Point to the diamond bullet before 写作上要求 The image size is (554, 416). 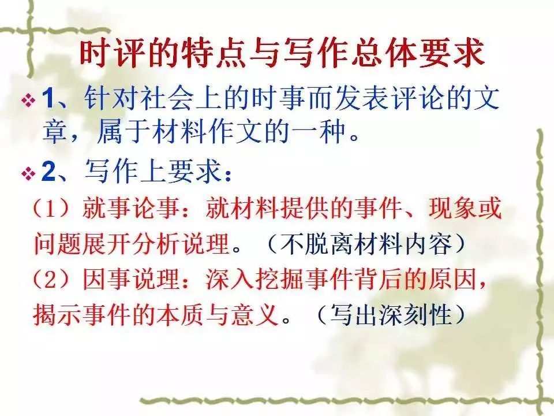pyautogui.click(x=27, y=174)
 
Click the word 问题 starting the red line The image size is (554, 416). pyautogui.click(x=51, y=245)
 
